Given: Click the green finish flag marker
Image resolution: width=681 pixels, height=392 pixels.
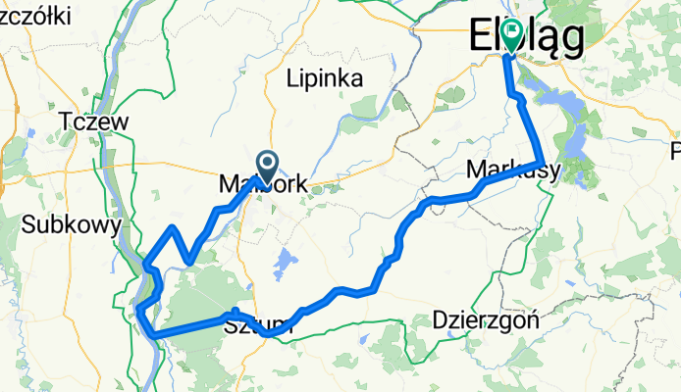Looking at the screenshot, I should (511, 33).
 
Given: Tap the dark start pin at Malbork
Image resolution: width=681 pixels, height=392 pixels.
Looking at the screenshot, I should (266, 163).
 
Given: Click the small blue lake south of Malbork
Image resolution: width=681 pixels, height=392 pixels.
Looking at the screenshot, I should (286, 262).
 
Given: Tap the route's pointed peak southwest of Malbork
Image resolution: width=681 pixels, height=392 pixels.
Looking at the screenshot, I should (173, 227).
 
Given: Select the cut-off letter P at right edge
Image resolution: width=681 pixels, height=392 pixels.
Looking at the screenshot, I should (675, 151).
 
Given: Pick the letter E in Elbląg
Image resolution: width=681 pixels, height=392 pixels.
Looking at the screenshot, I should (485, 36).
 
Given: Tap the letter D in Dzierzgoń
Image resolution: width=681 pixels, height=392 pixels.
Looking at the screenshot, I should (439, 319).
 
